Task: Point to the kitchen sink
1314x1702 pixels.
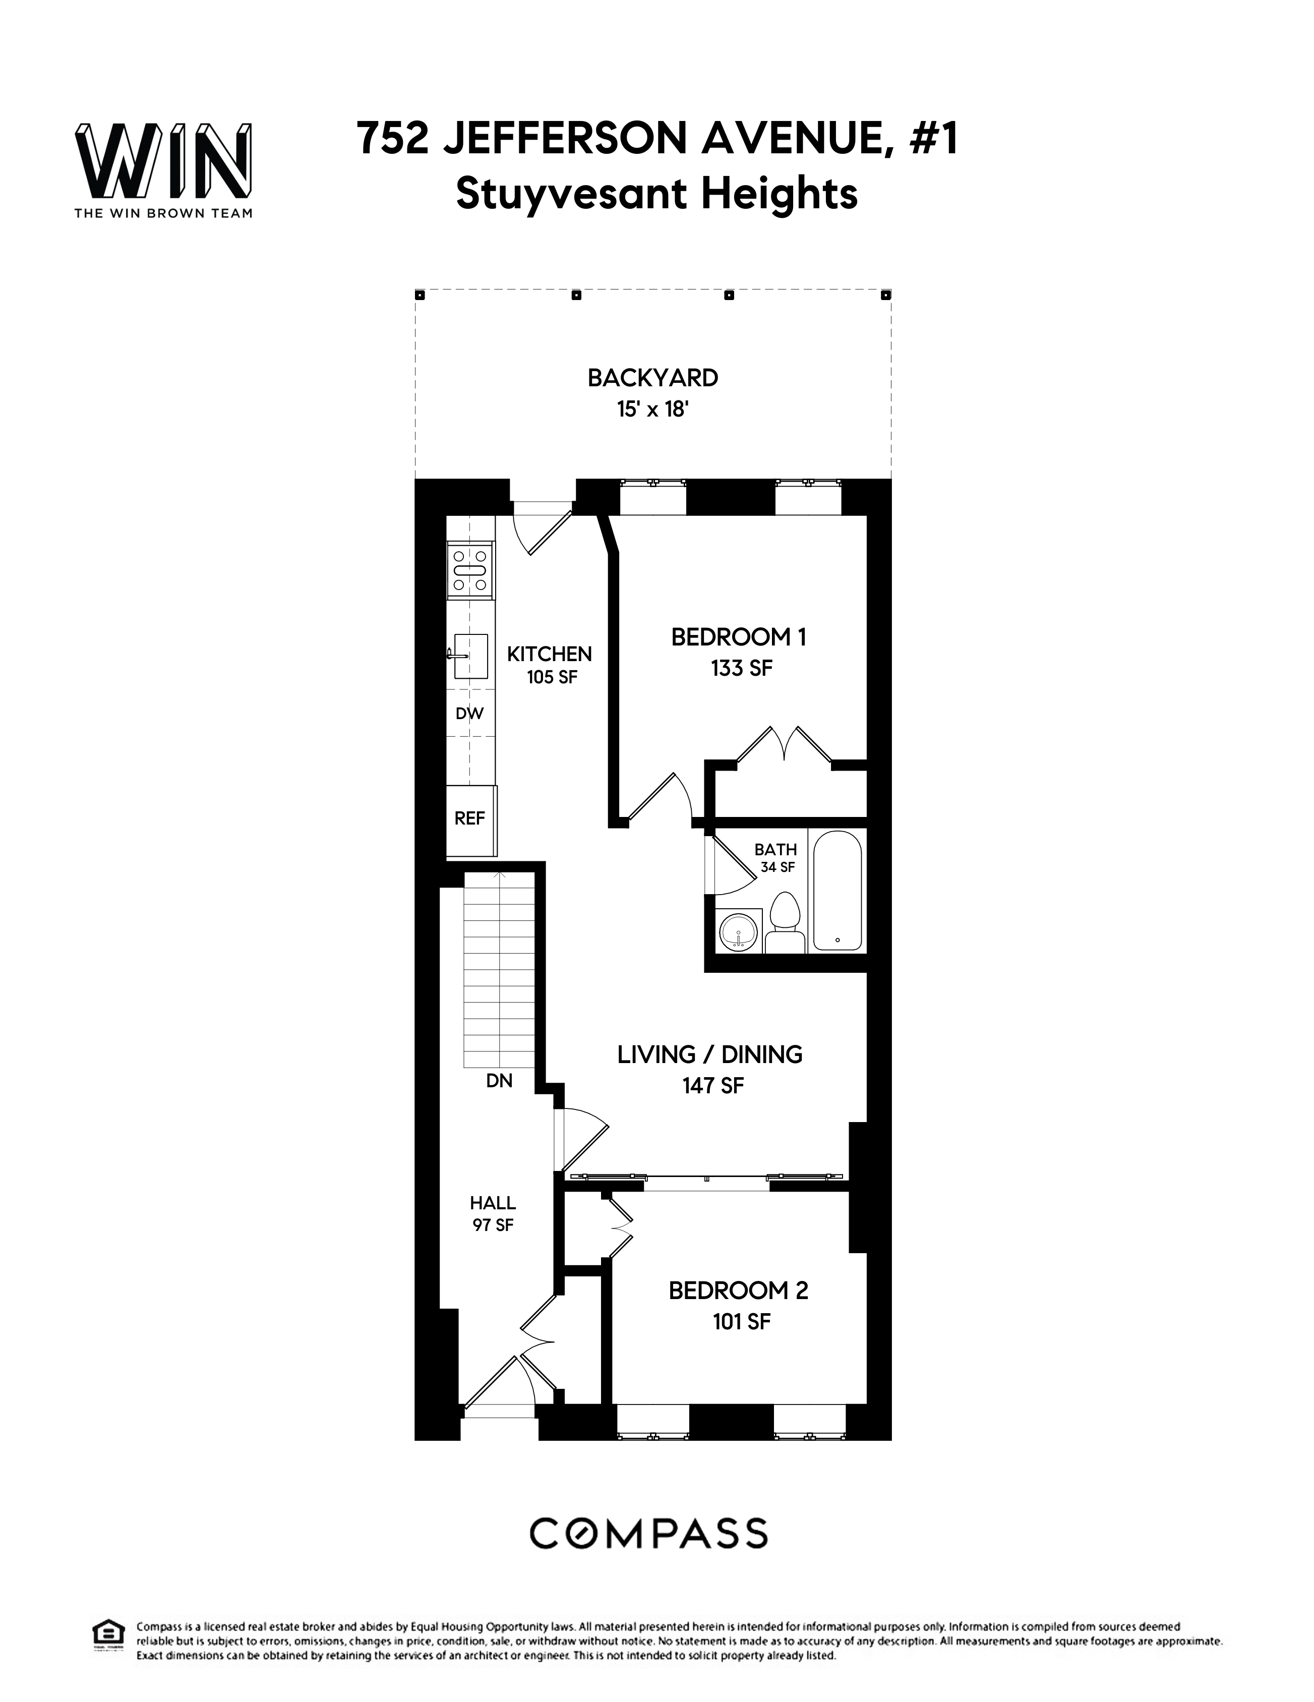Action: pos(471,656)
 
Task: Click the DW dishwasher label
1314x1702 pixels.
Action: pos(469,713)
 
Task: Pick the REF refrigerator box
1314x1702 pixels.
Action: pos(470,818)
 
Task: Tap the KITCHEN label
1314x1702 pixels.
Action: pos(550,654)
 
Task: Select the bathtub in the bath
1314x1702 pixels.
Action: pos(837,891)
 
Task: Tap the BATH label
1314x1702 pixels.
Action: pos(775,849)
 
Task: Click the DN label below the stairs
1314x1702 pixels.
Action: pos(500,1081)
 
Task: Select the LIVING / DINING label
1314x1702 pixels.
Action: pos(710,1054)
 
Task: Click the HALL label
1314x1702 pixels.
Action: pos(493,1203)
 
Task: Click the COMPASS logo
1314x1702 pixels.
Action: pos(648,1533)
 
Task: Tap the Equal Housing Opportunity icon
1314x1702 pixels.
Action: pos(107,1632)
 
